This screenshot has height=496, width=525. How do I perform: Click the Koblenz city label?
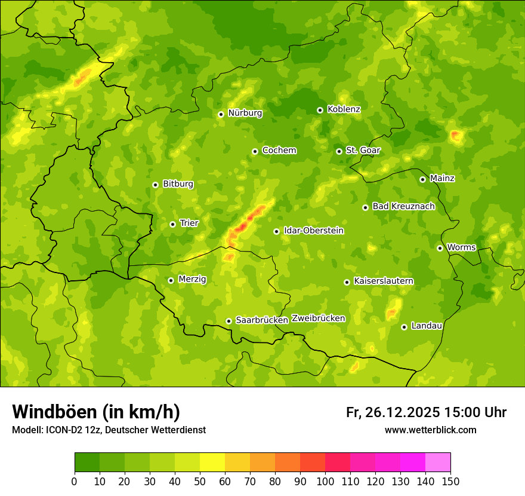point(344,109)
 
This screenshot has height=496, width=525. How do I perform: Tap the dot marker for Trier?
point(172,224)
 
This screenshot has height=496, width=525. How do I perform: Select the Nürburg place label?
point(245,113)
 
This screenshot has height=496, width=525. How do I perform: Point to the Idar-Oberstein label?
point(313,231)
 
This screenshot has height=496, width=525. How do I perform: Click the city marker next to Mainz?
point(422,179)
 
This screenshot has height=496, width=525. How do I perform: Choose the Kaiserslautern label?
point(384,281)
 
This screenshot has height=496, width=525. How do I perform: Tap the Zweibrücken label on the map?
point(318,319)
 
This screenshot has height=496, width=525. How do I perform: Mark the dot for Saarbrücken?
point(228,321)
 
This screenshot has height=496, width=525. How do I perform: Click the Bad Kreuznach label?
point(403,206)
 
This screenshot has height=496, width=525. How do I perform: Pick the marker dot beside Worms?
point(440,248)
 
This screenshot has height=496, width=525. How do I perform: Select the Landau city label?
point(427,326)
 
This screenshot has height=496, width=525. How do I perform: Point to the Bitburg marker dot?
point(155,185)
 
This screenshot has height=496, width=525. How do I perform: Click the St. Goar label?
point(363,151)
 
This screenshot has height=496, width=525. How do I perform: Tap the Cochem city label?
point(279,151)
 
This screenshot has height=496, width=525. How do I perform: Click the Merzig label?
point(192,279)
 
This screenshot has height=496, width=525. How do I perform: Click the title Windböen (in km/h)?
point(96,412)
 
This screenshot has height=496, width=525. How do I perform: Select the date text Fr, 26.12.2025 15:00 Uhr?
point(426,412)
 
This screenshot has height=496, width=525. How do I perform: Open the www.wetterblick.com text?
point(430,430)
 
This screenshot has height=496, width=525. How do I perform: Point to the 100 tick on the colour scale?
point(325,481)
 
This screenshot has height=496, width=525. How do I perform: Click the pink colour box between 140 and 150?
point(438,463)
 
